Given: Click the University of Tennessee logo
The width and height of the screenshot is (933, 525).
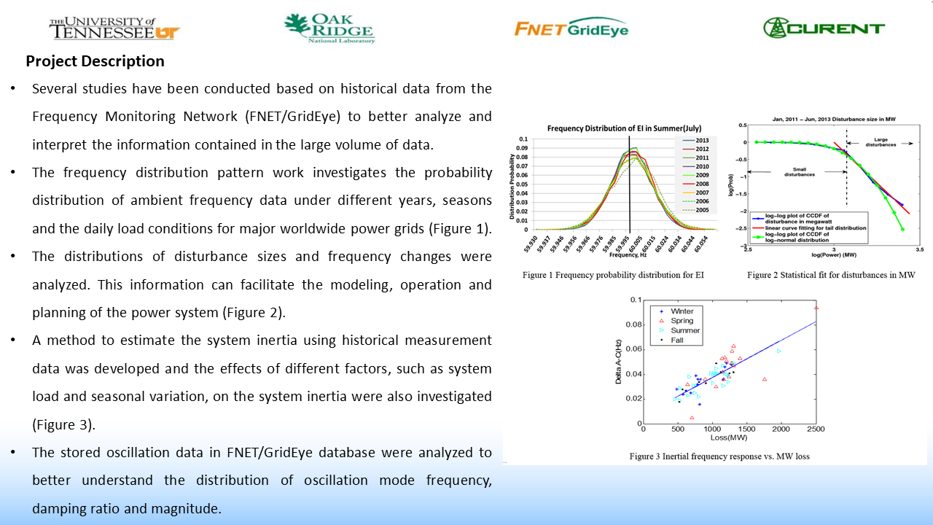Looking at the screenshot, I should coord(114,28).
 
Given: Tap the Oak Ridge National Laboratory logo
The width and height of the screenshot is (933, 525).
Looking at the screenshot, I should coord(329,28).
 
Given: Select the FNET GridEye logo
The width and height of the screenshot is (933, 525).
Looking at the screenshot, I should coord(571,28).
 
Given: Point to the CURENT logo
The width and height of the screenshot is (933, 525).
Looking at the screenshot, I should coord(824,28).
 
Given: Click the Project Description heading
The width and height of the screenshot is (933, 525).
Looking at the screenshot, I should coord(95,61).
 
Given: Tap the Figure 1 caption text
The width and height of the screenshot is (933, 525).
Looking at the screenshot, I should coord(612,276).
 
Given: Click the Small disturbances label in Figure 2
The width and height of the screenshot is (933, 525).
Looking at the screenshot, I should coord(780,173).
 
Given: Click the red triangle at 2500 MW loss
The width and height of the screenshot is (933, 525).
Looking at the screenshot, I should coord(816,308).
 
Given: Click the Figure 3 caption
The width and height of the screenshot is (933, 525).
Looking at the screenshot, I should coord(719,456).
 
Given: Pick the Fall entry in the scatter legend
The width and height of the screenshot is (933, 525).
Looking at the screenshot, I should coord(674,341).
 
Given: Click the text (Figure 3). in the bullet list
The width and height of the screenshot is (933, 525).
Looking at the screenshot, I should coord(63,424).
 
